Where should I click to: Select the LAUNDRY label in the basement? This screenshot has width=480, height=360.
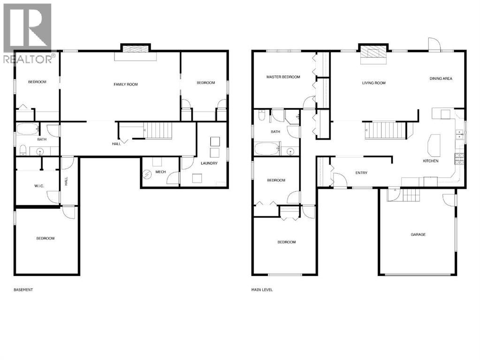pos(208,163)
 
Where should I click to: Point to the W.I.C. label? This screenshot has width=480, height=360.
pos(38,186)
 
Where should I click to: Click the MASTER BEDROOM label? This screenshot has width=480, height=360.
pos(283,77)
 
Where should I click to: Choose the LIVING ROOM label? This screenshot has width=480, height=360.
pos(373,83)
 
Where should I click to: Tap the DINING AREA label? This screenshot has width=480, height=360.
pos(441,79)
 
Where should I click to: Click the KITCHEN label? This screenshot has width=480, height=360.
pos(430,161)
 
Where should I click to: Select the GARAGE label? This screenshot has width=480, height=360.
pos(418,234)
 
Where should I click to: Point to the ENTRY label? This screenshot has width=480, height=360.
pos(361,173)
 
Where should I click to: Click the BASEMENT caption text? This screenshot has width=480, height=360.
pos(23,290)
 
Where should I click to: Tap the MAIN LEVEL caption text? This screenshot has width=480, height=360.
pos(262,290)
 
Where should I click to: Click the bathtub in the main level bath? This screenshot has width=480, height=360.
pos(267,150)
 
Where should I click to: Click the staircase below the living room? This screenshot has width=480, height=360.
pos(385,129)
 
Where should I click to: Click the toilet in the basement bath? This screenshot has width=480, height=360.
pos(23,150)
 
